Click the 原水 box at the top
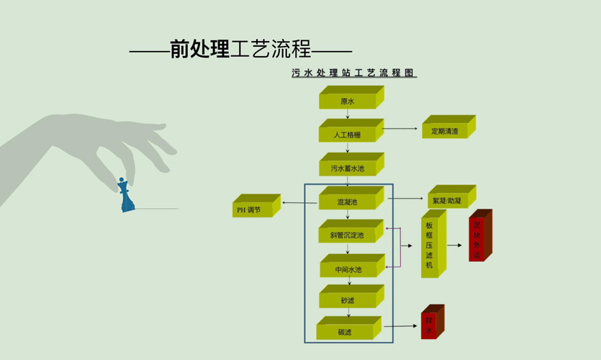coord(348,100)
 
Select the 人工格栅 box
coord(348,134)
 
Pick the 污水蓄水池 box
coord(348,168)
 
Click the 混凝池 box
coord(348,202)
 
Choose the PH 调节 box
coord(253,210)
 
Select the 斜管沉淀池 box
coord(348,235)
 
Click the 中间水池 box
coord(348,269)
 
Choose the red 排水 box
coord(430,325)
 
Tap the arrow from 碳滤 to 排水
coord(399,326)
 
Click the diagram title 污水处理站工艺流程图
coord(354,73)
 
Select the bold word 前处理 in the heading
coord(199,49)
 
